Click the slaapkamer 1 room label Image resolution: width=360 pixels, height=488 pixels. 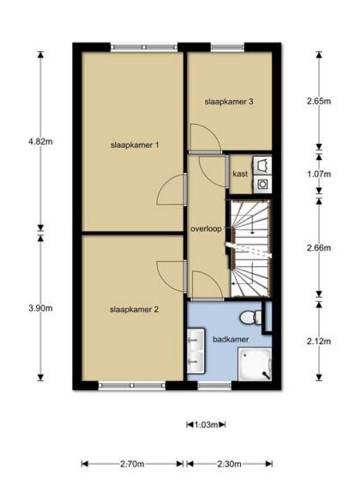(x=135, y=145)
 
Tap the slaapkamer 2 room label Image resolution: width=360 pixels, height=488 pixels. (x=134, y=310)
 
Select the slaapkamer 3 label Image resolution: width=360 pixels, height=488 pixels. (x=229, y=102)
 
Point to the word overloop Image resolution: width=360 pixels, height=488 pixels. (x=206, y=229)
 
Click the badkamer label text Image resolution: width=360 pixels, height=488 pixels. (x=230, y=339)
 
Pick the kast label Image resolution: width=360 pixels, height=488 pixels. (x=240, y=174)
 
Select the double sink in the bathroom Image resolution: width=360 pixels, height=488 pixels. (x=196, y=350)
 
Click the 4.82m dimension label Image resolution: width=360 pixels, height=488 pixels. (x=40, y=141)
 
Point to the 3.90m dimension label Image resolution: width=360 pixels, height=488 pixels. (x=40, y=308)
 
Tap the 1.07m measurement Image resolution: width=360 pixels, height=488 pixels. (x=318, y=174)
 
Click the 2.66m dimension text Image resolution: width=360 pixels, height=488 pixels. (x=318, y=248)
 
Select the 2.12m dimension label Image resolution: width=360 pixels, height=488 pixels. (x=318, y=341)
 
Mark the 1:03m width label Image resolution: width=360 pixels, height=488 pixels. (x=206, y=425)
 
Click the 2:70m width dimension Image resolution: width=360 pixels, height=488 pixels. (x=132, y=464)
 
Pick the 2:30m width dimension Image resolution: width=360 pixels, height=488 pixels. (x=229, y=464)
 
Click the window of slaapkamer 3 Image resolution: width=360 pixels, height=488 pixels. (x=228, y=47)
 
